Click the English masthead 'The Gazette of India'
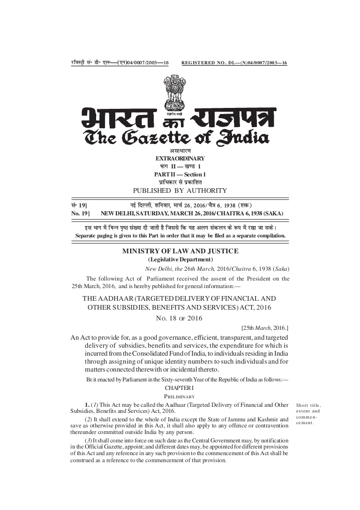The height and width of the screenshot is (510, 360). click(176, 137)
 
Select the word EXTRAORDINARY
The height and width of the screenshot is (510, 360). click(180, 159)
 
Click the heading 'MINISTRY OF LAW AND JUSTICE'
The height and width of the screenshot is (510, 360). click(180, 251)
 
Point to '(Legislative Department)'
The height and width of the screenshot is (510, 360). click(180, 259)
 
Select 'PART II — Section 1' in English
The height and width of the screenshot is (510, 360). click(180, 175)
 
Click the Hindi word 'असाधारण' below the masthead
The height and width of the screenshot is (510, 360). click(180, 151)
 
